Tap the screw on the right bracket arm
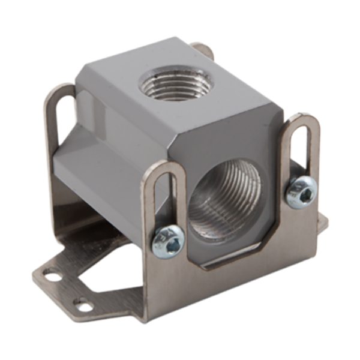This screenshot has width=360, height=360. pos(301,193)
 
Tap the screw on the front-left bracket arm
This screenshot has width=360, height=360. pos(168,241)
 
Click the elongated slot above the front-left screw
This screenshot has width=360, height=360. pos(163,197)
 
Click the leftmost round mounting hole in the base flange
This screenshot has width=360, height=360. pos(52,276)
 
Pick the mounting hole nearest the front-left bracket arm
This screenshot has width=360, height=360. pos(85,307)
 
